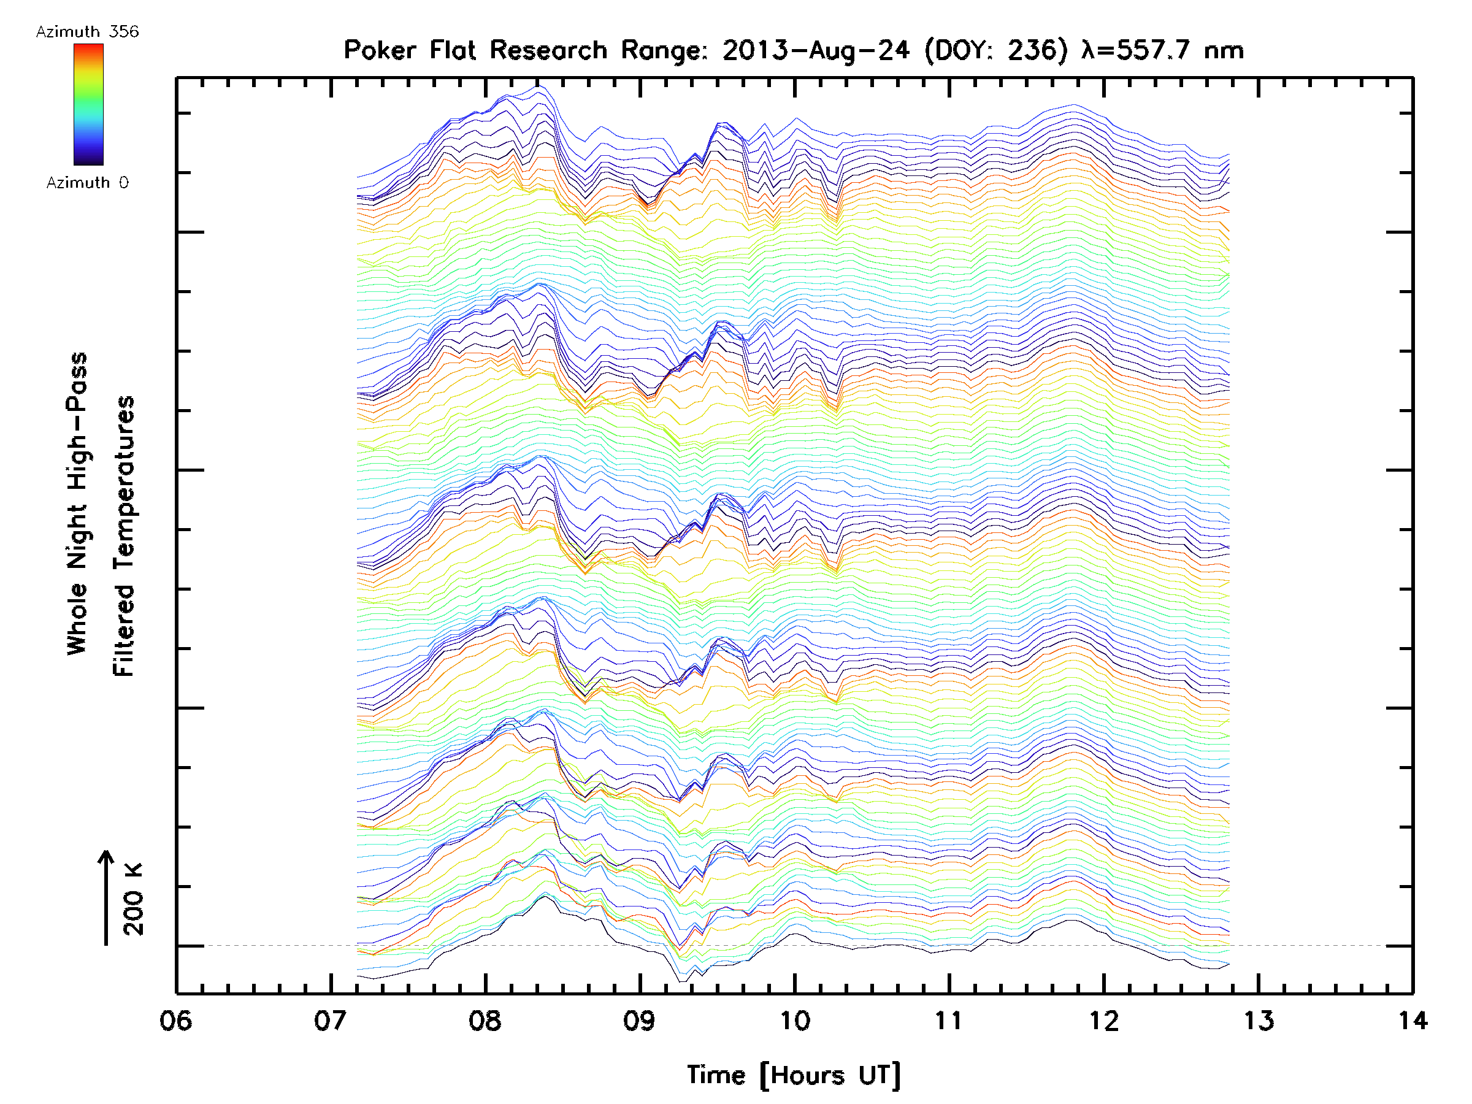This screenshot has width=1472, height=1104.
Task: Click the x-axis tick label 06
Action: (x=175, y=1020)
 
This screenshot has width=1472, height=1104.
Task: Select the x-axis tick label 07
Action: (x=330, y=1020)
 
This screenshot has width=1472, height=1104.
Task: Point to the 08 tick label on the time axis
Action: (x=485, y=1020)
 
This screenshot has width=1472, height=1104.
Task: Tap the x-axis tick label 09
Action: (x=639, y=1020)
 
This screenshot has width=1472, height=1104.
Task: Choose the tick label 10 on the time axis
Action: (x=794, y=1020)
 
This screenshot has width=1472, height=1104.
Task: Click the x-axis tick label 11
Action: (x=949, y=1020)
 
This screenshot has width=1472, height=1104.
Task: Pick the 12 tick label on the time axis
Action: (x=1104, y=1020)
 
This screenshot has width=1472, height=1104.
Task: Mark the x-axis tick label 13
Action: (x=1259, y=1020)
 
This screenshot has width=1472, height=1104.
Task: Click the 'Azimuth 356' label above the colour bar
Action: (x=87, y=32)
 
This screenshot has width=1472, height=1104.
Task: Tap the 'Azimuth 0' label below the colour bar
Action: (x=87, y=182)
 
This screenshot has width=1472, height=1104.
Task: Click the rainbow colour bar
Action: (x=88, y=104)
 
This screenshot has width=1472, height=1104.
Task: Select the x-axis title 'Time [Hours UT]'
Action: (x=794, y=1075)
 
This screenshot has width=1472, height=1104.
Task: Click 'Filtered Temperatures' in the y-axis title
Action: (x=124, y=537)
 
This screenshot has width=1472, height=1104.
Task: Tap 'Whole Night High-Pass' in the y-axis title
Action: (x=77, y=504)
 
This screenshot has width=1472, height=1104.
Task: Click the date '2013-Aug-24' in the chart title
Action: (x=816, y=50)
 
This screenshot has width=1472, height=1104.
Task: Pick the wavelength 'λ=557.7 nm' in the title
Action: (x=1162, y=50)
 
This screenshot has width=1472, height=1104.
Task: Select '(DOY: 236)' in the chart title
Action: (x=996, y=50)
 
